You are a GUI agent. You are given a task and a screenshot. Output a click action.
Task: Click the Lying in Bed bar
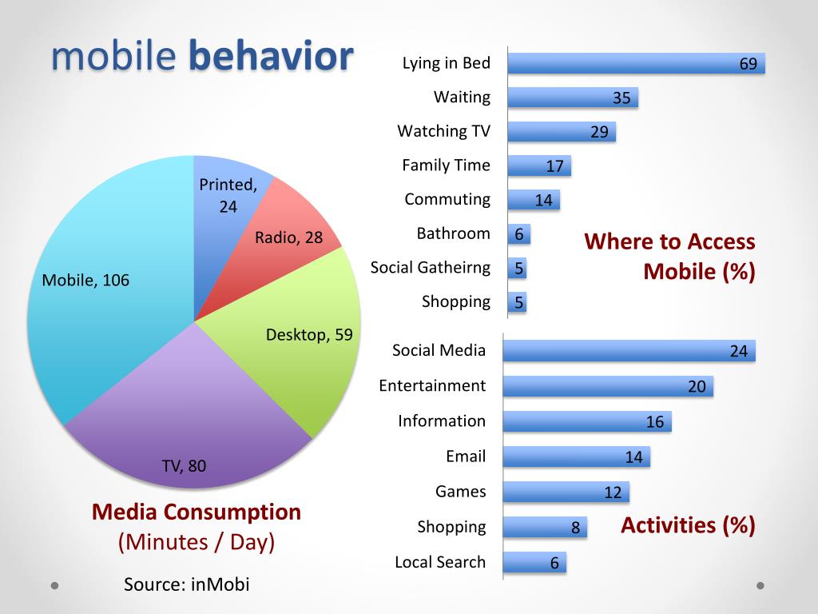636,63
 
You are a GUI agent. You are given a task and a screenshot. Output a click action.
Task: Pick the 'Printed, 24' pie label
228,195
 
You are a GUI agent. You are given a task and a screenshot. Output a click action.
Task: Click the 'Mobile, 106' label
85,281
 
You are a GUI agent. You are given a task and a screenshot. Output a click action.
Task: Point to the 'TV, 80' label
184,465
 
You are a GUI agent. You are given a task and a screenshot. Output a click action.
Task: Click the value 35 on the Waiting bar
621,98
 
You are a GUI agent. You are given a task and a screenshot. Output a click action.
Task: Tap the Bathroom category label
453,233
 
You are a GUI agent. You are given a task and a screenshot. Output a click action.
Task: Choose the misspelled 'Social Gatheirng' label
430,268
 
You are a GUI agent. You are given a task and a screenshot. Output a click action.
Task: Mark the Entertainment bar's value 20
697,387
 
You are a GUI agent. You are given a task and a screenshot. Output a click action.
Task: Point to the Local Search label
439,562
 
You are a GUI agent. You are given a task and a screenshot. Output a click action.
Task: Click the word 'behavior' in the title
271,56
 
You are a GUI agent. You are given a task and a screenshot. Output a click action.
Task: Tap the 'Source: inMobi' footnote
186,584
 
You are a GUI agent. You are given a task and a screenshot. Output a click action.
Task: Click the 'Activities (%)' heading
687,525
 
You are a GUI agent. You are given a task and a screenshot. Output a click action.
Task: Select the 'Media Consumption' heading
197,512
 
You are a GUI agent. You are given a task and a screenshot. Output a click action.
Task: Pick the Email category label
466,457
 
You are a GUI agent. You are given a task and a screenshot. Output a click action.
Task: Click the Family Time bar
539,166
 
